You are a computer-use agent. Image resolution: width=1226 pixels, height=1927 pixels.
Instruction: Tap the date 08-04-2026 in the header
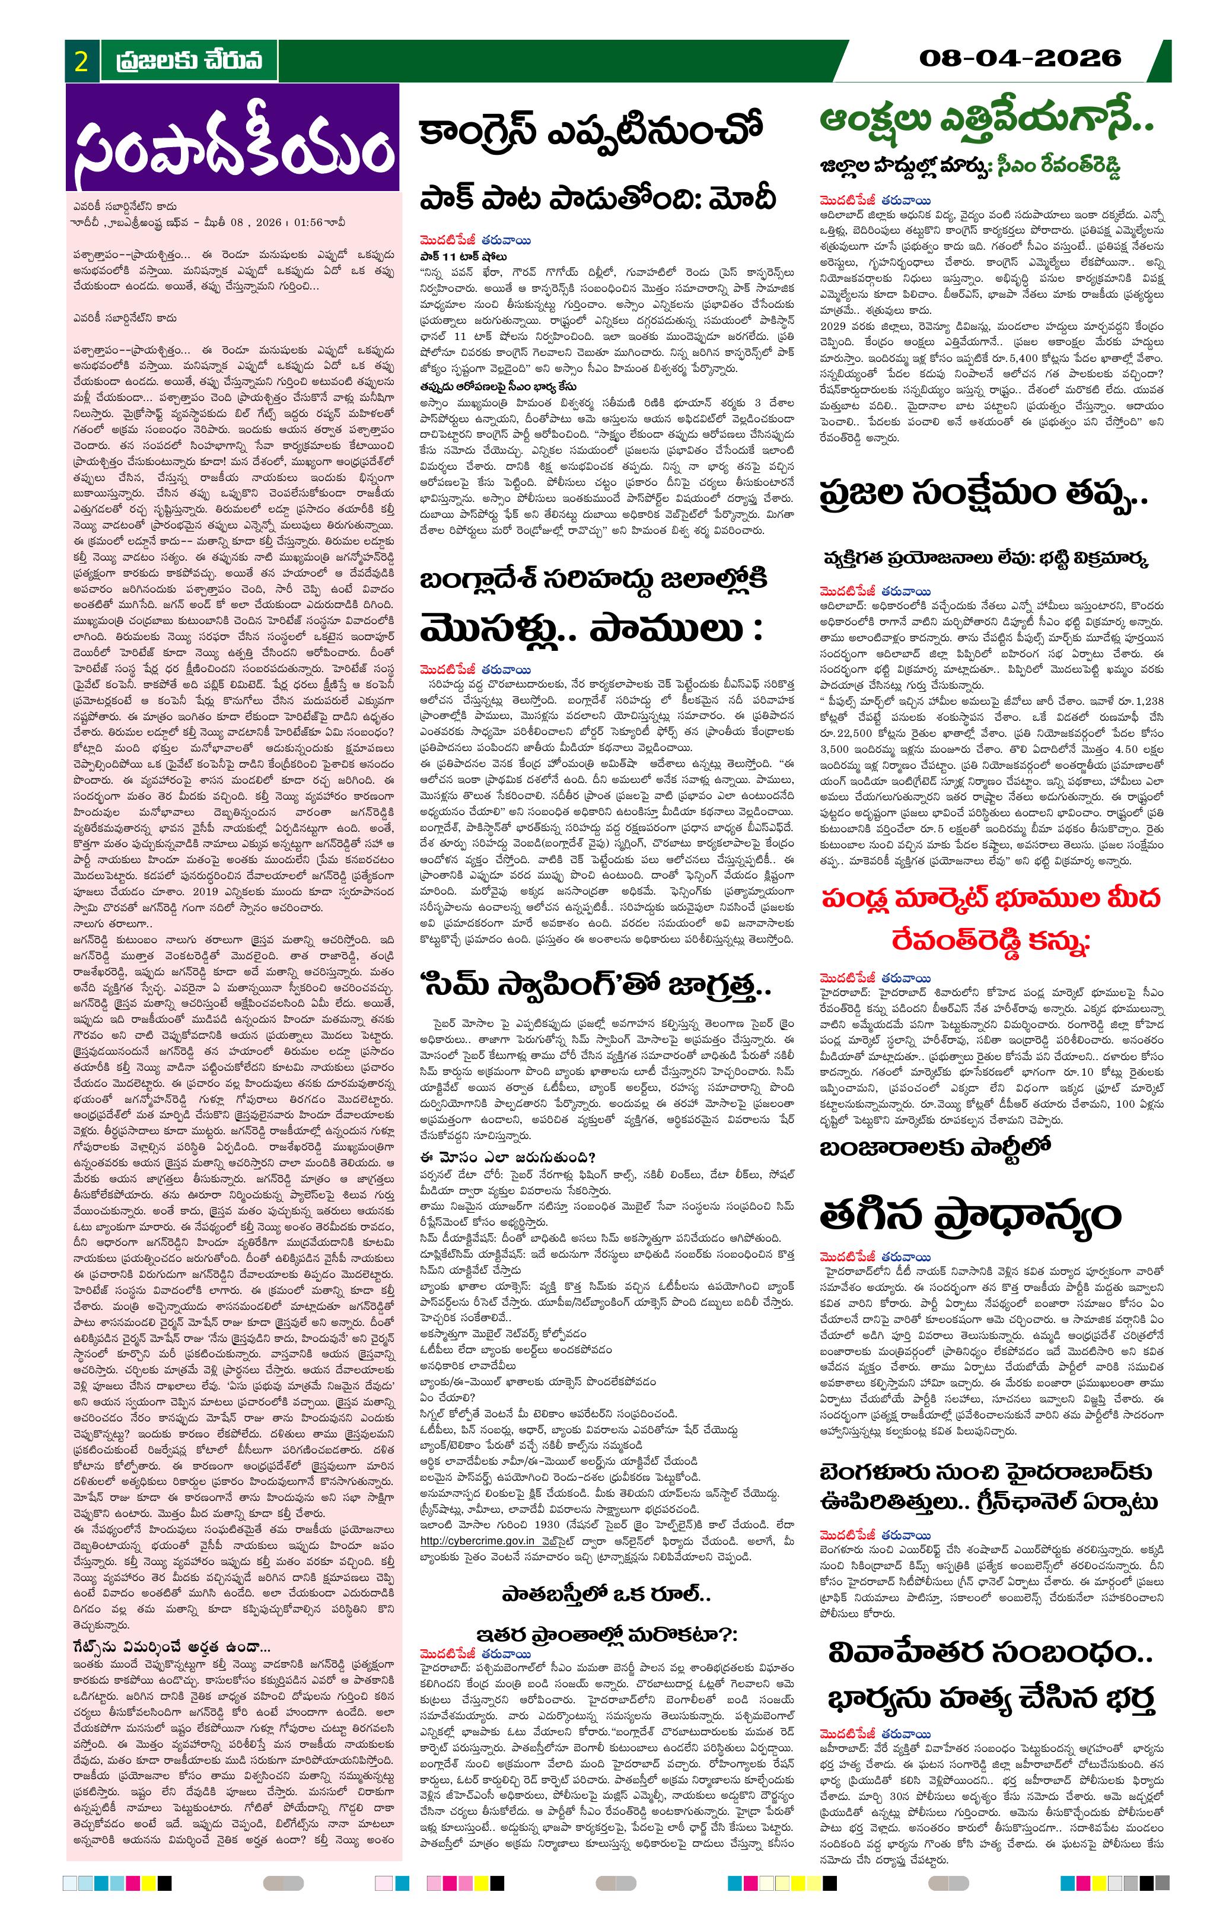(1020, 58)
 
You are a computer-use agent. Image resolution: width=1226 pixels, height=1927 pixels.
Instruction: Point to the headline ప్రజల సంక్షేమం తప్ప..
(983, 494)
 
